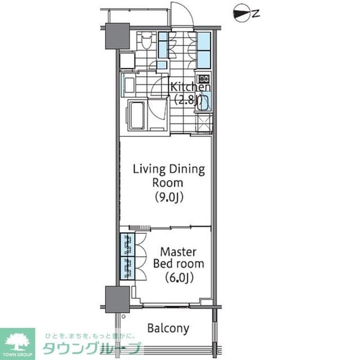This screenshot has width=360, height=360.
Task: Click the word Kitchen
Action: (191, 87)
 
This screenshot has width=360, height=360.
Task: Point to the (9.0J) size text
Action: (169, 196)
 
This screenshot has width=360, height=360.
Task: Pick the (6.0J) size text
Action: (178, 277)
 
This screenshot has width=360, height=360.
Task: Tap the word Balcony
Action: (169, 328)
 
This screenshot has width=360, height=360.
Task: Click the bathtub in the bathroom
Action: (136, 115)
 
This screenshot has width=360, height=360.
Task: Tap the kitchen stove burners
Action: (203, 79)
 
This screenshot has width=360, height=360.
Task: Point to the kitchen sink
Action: (203, 102)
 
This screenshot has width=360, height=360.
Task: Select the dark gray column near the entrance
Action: (118, 36)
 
